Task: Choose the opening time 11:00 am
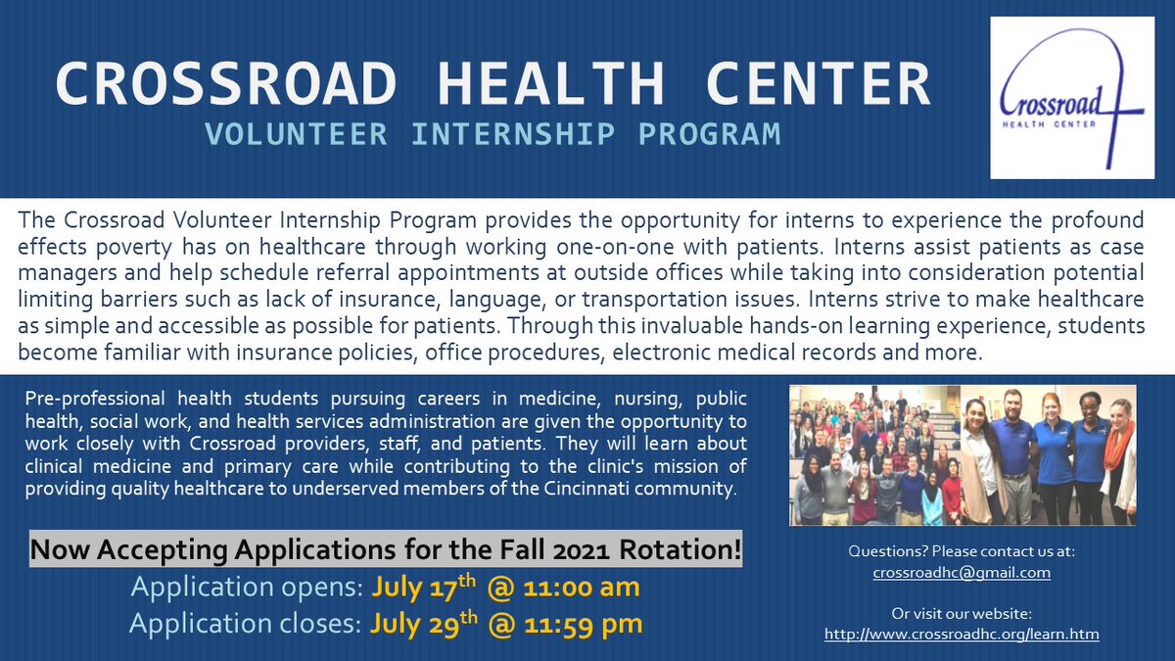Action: (569, 588)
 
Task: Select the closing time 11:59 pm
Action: (571, 623)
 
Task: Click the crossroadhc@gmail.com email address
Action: (962, 572)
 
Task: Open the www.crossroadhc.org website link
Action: (962, 634)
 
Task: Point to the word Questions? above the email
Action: (889, 552)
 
